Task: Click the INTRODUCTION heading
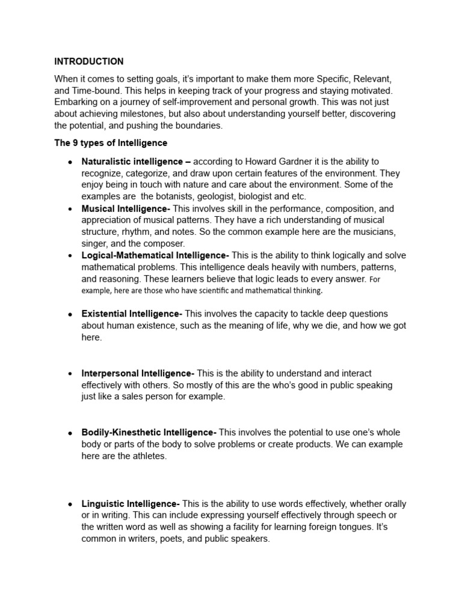[x=89, y=61]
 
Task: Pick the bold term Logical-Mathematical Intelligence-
[x=155, y=255]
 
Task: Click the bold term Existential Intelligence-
[x=132, y=314]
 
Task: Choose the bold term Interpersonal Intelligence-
[x=138, y=373]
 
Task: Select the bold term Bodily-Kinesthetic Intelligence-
[x=149, y=432]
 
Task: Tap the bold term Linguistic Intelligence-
[x=131, y=503]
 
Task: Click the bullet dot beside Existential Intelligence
[x=70, y=314]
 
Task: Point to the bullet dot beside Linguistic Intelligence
[x=70, y=504]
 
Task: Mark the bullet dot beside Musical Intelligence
[x=70, y=209]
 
